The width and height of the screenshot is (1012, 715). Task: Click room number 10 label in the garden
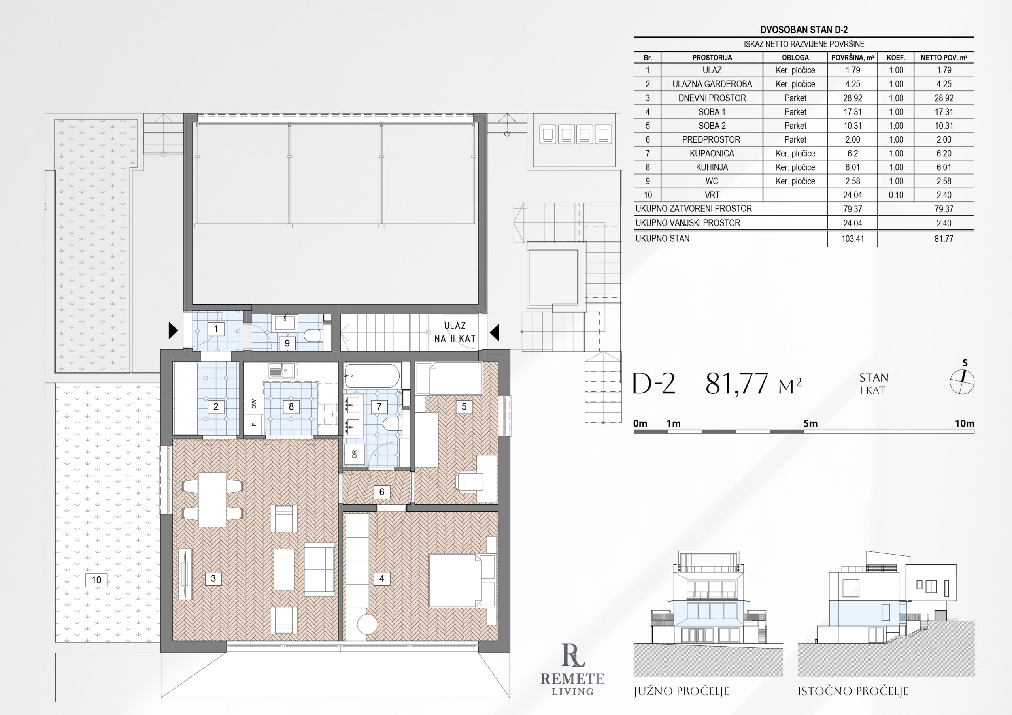pyautogui.click(x=96, y=580)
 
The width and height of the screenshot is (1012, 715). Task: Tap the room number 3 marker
pyautogui.click(x=213, y=578)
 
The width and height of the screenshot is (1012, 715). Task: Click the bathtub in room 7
pyautogui.click(x=372, y=376)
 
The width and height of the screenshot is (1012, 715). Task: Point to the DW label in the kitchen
pyautogui.click(x=254, y=404)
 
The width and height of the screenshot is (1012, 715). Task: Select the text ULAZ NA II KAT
pyautogui.click(x=455, y=332)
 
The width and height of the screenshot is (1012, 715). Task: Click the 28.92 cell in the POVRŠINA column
pyautogui.click(x=852, y=98)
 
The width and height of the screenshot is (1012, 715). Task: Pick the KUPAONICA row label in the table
pyautogui.click(x=712, y=154)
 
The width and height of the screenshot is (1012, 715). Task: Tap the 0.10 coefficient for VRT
pyautogui.click(x=896, y=195)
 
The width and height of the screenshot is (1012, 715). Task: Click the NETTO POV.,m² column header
pyautogui.click(x=944, y=58)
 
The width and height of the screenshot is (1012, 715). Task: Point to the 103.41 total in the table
pyautogui.click(x=852, y=239)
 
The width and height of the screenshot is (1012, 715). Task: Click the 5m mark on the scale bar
pyautogui.click(x=810, y=424)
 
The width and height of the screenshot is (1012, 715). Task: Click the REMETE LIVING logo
pyautogui.click(x=572, y=670)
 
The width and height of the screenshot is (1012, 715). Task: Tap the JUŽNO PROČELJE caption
pyautogui.click(x=682, y=691)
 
